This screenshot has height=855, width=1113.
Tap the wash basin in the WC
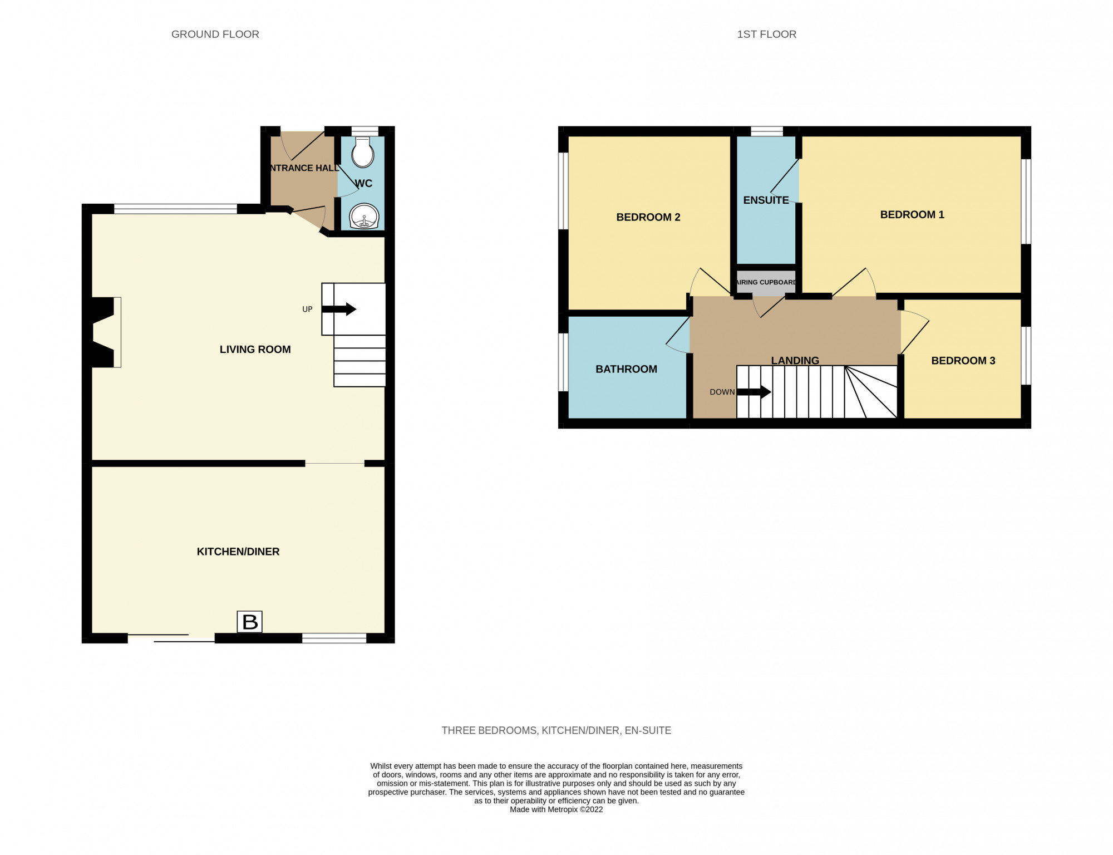tap(365, 216)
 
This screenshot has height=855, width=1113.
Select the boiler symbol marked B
tap(250, 622)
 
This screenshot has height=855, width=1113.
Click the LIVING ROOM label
tap(255, 350)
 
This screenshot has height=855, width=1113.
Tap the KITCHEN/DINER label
tap(238, 552)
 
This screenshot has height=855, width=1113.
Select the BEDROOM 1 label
tap(912, 215)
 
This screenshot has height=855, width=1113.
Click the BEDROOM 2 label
tap(648, 217)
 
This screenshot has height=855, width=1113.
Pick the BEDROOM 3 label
tap(963, 361)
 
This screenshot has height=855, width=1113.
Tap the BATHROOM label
tap(626, 369)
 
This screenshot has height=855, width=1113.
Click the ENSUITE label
tap(766, 200)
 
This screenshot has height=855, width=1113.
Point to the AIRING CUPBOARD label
tap(766, 282)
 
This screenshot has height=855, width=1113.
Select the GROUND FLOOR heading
tap(215, 35)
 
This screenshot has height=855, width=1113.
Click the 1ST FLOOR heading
tap(766, 35)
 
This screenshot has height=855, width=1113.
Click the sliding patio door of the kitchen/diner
tap(171, 638)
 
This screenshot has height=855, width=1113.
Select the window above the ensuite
tap(767, 131)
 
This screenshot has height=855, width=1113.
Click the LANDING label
tap(795, 361)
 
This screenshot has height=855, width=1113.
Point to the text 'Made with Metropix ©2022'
tap(556, 809)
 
